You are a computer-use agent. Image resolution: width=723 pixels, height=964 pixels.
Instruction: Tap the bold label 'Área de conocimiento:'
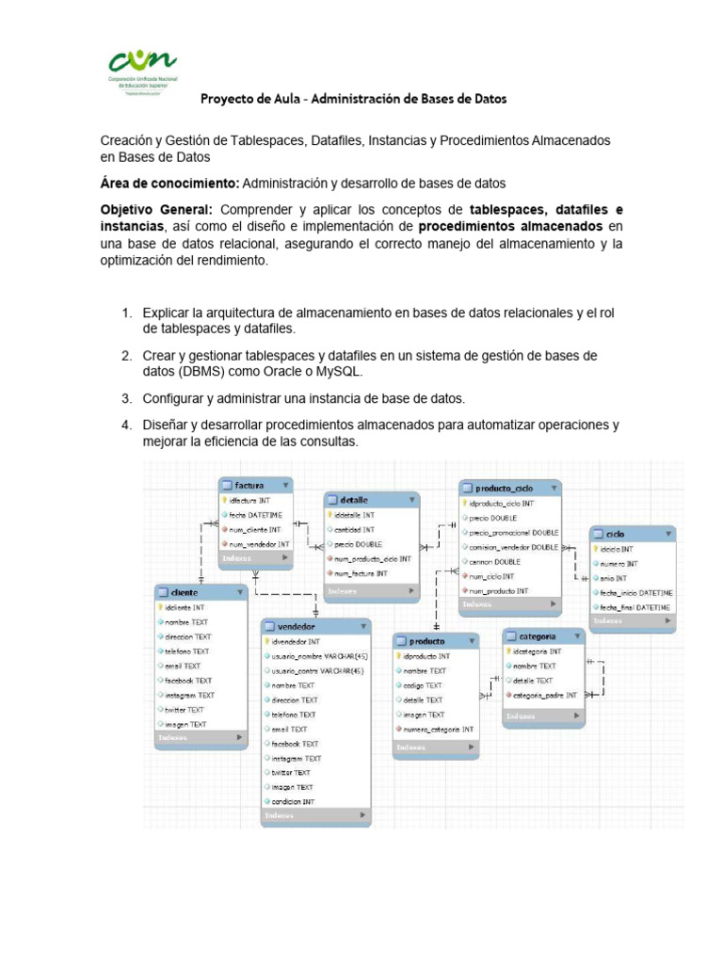[x=169, y=183]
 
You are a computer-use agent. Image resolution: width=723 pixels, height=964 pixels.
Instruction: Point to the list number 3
[x=125, y=398]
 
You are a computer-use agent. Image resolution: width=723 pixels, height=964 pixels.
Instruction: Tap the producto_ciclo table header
[x=509, y=488]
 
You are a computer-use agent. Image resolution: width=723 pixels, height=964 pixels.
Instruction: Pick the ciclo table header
[x=632, y=534]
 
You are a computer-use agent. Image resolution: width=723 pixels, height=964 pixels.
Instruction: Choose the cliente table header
[x=201, y=592]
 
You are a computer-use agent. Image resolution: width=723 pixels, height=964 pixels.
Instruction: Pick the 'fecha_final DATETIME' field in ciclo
[x=634, y=607]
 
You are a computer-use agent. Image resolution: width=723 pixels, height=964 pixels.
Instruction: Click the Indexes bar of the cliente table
[x=201, y=739]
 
